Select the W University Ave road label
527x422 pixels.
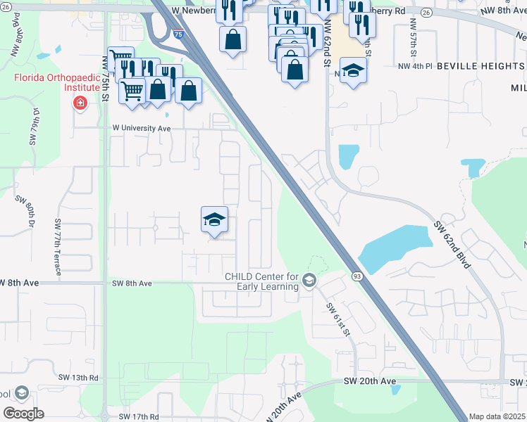click(x=142, y=129)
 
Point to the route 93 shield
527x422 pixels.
click(x=357, y=276)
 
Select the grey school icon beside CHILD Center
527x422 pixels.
click(x=309, y=281)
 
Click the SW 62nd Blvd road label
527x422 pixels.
click(x=452, y=238)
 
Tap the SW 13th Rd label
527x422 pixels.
click(x=79, y=378)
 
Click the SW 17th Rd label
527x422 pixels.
click(x=135, y=417)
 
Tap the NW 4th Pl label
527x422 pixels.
click(x=414, y=66)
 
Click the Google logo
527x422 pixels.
click(x=24, y=413)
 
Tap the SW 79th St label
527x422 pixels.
click(x=32, y=126)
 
